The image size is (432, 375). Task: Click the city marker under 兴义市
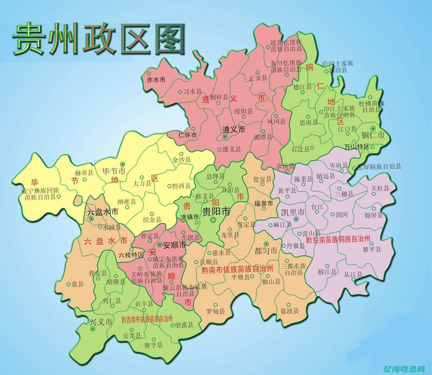click(x=93, y=329)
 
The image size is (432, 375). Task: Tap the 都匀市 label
click(x=266, y=251)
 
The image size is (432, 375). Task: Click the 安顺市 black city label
click(x=175, y=245)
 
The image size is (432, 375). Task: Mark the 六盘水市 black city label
click(x=103, y=212)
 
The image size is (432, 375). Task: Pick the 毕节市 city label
click(x=114, y=171)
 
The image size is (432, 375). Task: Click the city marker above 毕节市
click(x=123, y=164)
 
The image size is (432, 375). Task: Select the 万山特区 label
click(x=356, y=147)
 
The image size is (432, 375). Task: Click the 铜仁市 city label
click(x=373, y=135)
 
